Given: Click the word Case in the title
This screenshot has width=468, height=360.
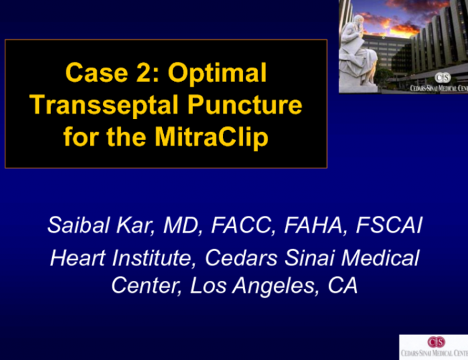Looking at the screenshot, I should (94, 73).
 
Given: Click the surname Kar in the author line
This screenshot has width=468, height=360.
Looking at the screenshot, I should (137, 225).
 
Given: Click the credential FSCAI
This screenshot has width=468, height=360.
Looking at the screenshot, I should (387, 225).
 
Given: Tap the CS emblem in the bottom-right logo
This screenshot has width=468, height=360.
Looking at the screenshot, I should (431, 341).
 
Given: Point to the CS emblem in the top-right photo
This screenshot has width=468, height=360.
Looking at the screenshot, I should (444, 76).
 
